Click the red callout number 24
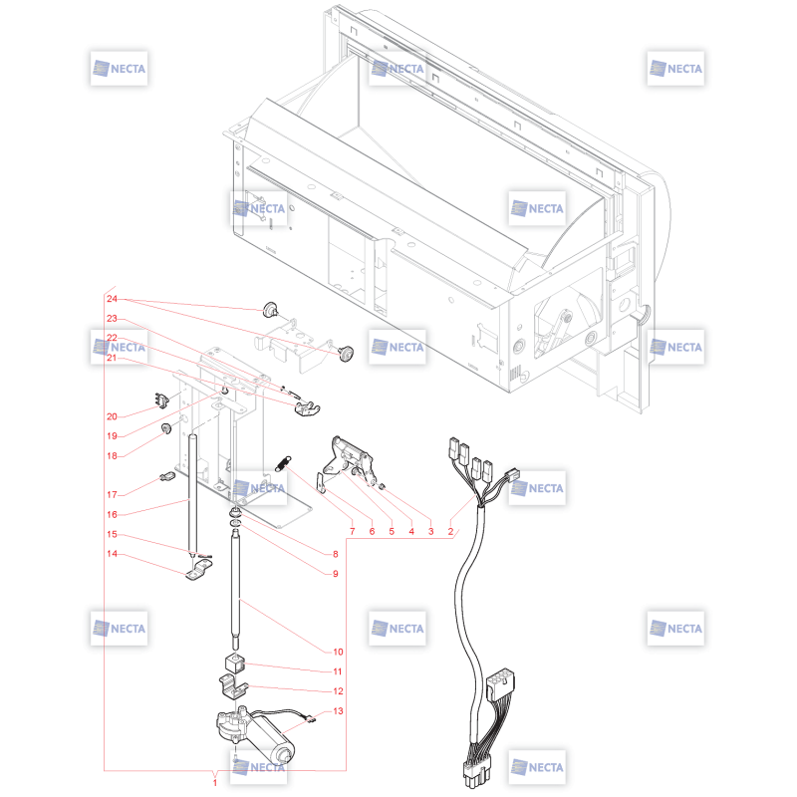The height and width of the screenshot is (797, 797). pos(112,299)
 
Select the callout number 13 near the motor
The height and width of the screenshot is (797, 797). pos(338,711)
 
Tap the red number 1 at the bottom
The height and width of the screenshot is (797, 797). pos(215,783)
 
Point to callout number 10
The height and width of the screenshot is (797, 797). pos(338,652)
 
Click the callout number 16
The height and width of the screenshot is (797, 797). pos(112,514)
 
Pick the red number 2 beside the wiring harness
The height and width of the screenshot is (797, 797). pos(450,531)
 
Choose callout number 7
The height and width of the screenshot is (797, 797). pos(352,531)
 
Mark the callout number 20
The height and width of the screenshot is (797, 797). pos(112,416)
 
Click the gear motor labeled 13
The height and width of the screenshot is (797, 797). pos(255,732)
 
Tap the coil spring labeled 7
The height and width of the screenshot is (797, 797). pos(283,463)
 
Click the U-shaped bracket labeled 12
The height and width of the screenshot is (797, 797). pos(233,686)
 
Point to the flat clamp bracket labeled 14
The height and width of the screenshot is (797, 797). pos(198,570)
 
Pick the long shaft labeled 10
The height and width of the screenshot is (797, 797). pos(235,590)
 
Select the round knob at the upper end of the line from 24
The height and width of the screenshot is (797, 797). pos(270,309)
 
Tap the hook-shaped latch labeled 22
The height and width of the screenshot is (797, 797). pos(307,408)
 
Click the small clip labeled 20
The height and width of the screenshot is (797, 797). pos(161,400)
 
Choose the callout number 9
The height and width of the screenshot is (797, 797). pos(335,574)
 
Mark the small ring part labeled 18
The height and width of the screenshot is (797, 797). pos(166,428)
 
